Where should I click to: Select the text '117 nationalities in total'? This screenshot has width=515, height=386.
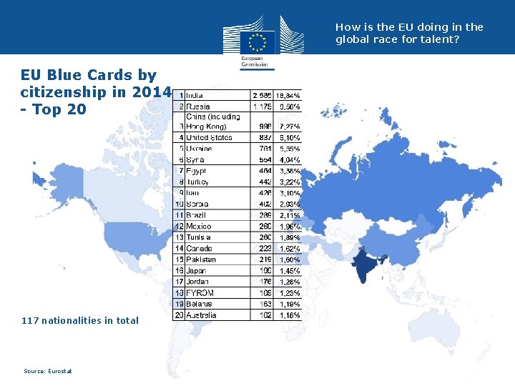coord(80,320)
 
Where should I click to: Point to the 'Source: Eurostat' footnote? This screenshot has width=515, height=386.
coord(48,371)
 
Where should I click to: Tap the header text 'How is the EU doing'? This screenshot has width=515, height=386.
coord(409,33)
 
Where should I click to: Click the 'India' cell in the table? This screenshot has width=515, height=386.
coord(195,94)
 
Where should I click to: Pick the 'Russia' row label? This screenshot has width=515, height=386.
coord(198,107)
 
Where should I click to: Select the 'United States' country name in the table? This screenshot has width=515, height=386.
coord(209,137)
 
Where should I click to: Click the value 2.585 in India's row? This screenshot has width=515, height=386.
coord(261,94)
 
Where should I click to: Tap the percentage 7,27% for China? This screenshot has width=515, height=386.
coord(290,127)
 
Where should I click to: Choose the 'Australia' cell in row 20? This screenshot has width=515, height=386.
coord(201,315)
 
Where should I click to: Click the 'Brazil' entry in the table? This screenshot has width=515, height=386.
coord(196,215)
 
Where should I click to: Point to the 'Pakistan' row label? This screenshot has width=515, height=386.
coord(200,259)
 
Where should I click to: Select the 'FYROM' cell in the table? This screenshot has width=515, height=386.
coord(198,293)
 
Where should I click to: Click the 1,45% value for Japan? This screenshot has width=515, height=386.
coord(290,271)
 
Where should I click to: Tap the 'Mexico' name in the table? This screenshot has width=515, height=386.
coord(198,227)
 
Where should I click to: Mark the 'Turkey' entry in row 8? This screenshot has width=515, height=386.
coord(197,182)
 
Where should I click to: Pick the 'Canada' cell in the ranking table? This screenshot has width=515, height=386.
coord(199,249)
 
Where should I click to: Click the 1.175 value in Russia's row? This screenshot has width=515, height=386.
coord(261,107)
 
